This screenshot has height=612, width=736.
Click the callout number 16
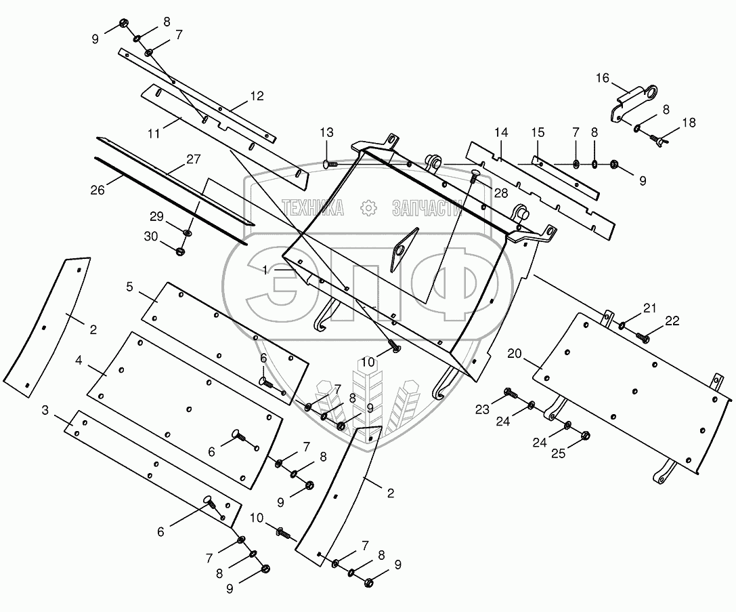[603, 79]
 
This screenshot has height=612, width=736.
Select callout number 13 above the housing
[327, 131]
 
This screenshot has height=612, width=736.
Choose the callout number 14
[500, 131]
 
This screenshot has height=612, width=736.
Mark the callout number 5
[129, 287]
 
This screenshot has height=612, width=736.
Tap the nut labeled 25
[586, 436]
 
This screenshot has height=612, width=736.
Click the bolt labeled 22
[643, 336]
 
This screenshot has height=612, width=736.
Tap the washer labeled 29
[187, 233]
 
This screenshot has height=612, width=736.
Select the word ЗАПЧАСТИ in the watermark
[431, 209]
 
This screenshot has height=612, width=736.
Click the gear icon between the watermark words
[369, 208]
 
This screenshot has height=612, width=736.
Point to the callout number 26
[98, 190]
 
